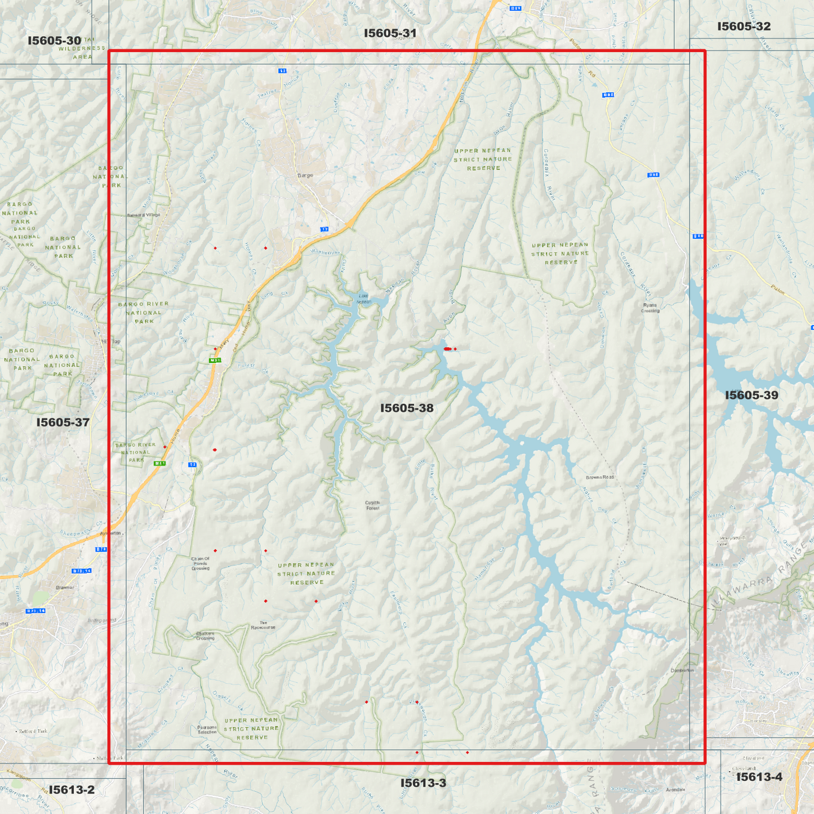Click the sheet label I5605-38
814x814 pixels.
(x=407, y=408)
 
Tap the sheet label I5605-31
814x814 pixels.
(x=390, y=33)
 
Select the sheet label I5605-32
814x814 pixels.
(x=744, y=26)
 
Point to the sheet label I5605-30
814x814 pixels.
(x=55, y=41)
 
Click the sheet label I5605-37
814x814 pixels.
(x=63, y=422)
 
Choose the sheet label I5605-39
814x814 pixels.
(x=751, y=395)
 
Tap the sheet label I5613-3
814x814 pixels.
(x=423, y=782)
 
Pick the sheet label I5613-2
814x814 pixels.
(x=72, y=789)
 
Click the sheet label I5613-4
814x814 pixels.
(x=759, y=777)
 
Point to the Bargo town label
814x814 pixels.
(x=305, y=175)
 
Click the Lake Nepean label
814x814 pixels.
(x=364, y=299)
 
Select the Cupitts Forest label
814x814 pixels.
(x=372, y=505)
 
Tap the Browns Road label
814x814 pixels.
(x=599, y=477)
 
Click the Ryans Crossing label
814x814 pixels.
(x=650, y=308)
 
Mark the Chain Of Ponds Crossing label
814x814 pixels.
(x=201, y=563)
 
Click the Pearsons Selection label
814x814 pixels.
(x=207, y=730)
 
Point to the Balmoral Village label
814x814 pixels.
(x=143, y=215)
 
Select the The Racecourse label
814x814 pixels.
(x=263, y=625)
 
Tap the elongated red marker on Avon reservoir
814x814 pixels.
(x=447, y=349)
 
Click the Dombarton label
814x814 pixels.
(x=682, y=670)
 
